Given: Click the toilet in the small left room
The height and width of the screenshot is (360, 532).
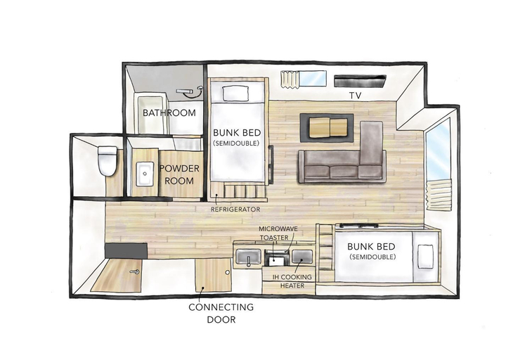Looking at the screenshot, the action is click(x=107, y=161).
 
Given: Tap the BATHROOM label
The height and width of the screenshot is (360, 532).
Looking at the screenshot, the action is click(x=169, y=113).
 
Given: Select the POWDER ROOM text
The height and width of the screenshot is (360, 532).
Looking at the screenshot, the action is click(x=179, y=174).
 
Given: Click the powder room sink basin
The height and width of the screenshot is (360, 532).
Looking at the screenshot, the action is click(x=145, y=174).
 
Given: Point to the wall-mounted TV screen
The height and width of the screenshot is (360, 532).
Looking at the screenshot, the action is click(x=360, y=81).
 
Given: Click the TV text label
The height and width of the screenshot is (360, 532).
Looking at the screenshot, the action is click(x=356, y=96).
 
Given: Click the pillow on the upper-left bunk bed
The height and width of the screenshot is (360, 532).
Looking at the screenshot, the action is click(x=235, y=93).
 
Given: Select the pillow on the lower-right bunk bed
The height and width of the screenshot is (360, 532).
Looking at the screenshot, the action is click(x=425, y=256).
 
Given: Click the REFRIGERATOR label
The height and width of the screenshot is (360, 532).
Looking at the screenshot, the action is click(x=235, y=210).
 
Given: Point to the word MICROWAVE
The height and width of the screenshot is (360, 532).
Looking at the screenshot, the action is click(x=278, y=229).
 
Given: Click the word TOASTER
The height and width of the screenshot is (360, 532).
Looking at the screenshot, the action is click(x=274, y=238).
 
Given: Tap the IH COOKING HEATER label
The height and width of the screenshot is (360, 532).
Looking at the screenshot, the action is click(x=292, y=281).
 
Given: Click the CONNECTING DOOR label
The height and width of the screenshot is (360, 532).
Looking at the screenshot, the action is click(x=221, y=313).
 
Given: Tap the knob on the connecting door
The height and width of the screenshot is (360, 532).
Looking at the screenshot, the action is click(x=227, y=272).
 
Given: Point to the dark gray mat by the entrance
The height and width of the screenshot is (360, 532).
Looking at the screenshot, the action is click(x=126, y=250).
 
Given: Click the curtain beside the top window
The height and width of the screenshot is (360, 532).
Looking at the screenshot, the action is click(x=290, y=79).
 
